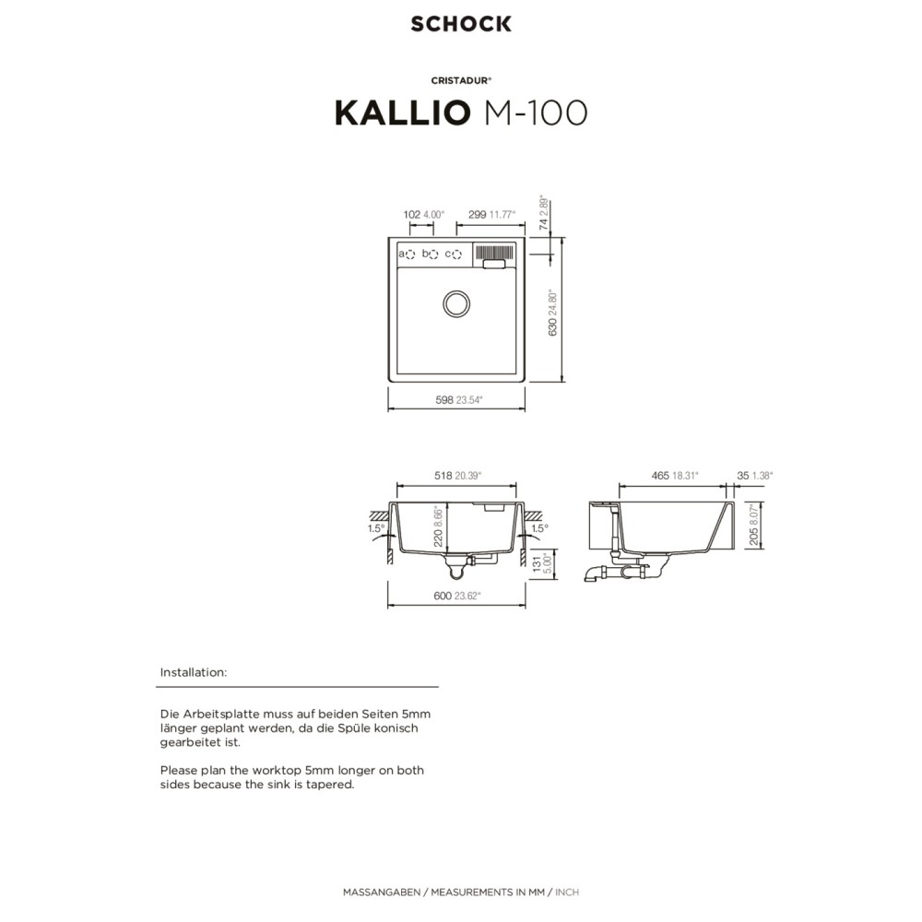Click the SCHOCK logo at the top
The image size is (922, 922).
click(461, 24)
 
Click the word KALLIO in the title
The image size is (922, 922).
click(403, 112)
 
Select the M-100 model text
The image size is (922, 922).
click(536, 112)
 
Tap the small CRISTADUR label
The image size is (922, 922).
click(461, 80)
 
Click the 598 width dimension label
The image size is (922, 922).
click(444, 400)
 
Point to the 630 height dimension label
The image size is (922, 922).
click(552, 327)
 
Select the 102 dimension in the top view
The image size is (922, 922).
click(411, 215)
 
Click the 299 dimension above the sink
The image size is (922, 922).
click(477, 215)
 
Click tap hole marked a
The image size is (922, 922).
click(410, 254)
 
